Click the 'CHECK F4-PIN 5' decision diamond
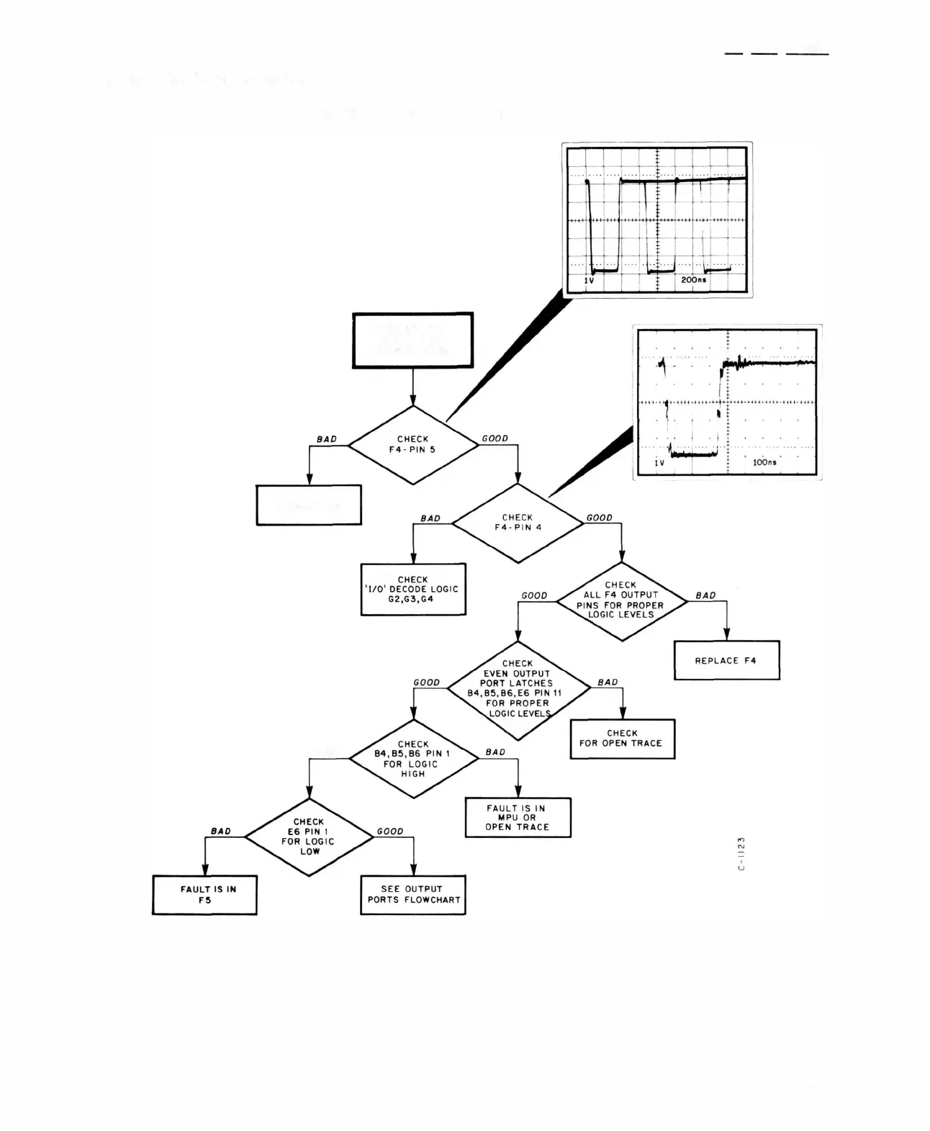[x=412, y=445]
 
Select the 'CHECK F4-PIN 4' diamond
[x=518, y=523]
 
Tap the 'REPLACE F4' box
[x=726, y=660]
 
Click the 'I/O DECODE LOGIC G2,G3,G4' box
[x=412, y=589]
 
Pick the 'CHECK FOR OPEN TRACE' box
[x=621, y=739]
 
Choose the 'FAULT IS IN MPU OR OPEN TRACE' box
[x=518, y=817]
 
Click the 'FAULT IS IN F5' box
[x=205, y=894]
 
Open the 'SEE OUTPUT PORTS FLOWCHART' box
[x=412, y=894]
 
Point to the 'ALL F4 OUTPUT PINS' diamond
[x=621, y=600]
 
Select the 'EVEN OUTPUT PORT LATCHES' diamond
[x=518, y=689]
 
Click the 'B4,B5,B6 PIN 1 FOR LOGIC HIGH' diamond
[x=413, y=759]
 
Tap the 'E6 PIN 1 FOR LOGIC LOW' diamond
[x=309, y=837]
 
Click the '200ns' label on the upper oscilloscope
[x=693, y=279]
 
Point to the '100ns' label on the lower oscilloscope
[x=764, y=462]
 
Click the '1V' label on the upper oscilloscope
[x=589, y=280]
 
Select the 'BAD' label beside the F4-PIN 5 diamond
[x=327, y=439]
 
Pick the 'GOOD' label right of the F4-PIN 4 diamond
[x=599, y=518]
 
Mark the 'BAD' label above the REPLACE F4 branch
[x=705, y=595]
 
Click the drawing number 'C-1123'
[x=741, y=853]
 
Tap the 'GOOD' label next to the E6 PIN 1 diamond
[x=390, y=831]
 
